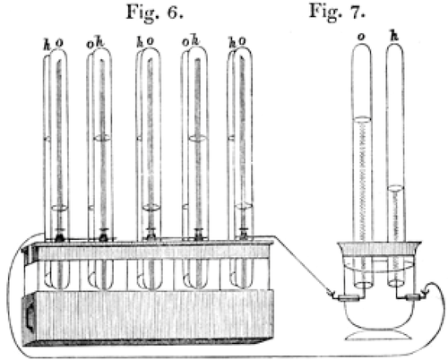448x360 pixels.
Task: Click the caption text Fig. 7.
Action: (337, 13)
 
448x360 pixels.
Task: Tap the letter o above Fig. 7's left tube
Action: (361, 37)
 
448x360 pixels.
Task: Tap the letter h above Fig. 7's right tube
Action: (394, 36)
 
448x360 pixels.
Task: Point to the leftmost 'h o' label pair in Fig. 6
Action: (54, 44)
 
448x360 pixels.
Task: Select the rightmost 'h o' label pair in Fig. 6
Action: (237, 42)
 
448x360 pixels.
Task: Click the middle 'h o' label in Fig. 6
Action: (145, 42)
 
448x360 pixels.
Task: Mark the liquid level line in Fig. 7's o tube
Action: (362, 119)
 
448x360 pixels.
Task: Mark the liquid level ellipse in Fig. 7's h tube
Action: (395, 189)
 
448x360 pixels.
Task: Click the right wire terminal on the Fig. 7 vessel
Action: (414, 296)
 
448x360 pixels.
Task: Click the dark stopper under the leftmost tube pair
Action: (59, 236)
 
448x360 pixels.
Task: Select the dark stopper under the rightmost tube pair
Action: (245, 234)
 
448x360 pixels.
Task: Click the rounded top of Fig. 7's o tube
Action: (362, 47)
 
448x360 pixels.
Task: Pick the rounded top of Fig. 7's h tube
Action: (395, 48)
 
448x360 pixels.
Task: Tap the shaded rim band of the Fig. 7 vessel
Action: (380, 248)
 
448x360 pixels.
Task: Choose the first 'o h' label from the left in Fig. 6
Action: (95, 43)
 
